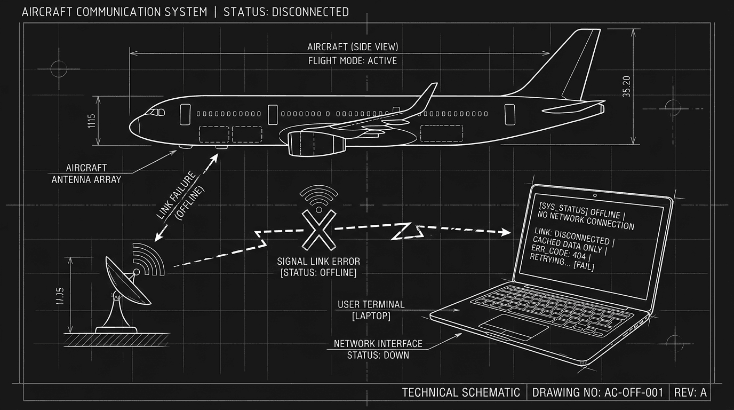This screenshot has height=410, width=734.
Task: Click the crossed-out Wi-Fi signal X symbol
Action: pyautogui.click(x=319, y=230)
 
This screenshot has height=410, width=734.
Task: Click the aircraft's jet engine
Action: pyautogui.click(x=315, y=143)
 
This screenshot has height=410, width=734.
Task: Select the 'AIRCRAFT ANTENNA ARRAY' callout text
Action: pyautogui.click(x=86, y=174)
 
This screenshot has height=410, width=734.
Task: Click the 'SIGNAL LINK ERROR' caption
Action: pyautogui.click(x=318, y=262)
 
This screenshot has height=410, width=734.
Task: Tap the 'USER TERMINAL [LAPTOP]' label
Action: pyautogui.click(x=371, y=310)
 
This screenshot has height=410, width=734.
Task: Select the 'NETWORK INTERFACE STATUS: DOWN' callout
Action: pyautogui.click(x=378, y=349)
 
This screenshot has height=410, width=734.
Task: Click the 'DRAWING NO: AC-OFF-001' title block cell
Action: pyautogui.click(x=597, y=392)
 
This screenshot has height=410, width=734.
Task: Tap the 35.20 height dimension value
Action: pyautogui.click(x=627, y=86)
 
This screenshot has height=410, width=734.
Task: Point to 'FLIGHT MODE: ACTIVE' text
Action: pyautogui.click(x=353, y=61)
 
